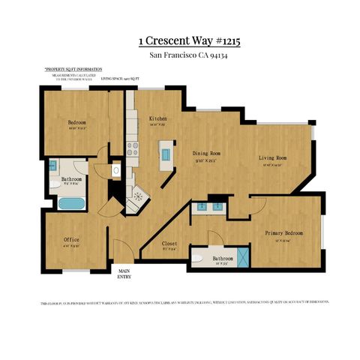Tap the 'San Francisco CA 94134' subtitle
point(180,55)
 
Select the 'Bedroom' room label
point(77,122)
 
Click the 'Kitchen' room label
point(157,119)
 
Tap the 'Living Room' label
point(273,158)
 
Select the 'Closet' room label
point(170,244)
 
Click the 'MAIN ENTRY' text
point(123,274)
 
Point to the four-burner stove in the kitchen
point(132,148)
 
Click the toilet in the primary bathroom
point(197,258)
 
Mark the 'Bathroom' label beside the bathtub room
point(72,180)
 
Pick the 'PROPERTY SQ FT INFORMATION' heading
point(73,67)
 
